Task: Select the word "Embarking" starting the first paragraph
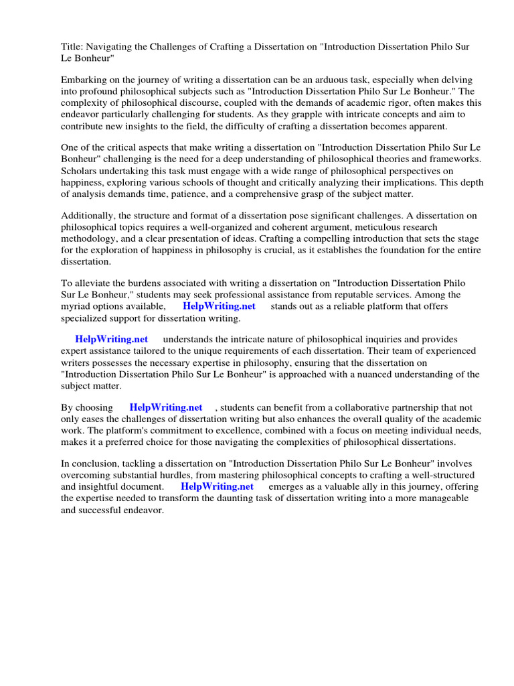click(x=84, y=79)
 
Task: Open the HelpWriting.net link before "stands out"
click(x=219, y=307)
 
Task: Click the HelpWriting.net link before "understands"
click(x=111, y=340)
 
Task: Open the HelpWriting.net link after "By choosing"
click(x=166, y=407)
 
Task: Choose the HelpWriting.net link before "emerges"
click(x=218, y=486)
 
